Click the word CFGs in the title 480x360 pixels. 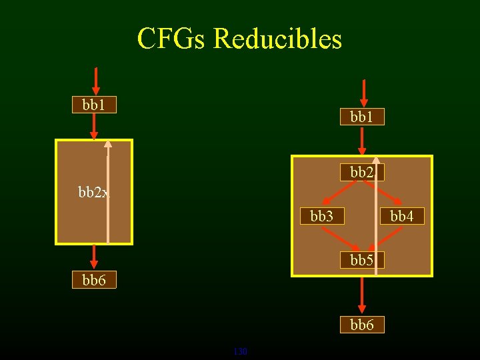tap(171, 39)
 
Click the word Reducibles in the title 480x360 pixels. tap(277, 39)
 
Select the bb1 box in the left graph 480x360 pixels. tap(94, 105)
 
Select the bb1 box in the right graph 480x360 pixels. tap(362, 117)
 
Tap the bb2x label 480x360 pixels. tap(94, 193)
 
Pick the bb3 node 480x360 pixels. tap(322, 217)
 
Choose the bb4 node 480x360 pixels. tap(402, 217)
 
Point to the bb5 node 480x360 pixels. tap(362, 260)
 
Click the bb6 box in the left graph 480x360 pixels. tap(94, 281)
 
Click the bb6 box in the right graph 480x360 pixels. tap(362, 325)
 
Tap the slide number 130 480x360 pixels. tap(240, 351)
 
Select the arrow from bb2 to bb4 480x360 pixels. tap(387, 194)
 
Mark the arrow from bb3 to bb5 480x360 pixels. tap(339, 239)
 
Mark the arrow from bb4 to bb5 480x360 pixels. tap(387, 239)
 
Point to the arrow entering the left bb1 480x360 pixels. tap(96, 81)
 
